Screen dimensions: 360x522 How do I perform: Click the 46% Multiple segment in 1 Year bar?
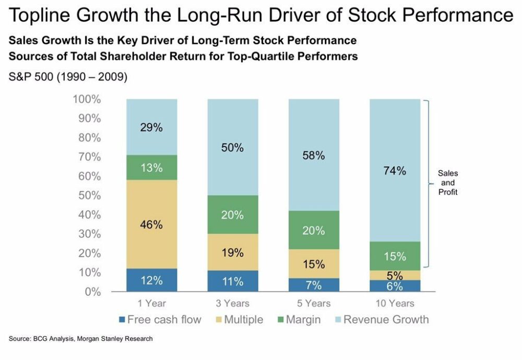pyautogui.click(x=151, y=225)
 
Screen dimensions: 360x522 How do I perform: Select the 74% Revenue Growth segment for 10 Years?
pyautogui.click(x=395, y=170)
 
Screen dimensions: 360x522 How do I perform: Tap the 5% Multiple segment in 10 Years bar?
pyautogui.click(x=395, y=275)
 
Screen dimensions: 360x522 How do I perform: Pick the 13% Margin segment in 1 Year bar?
pyautogui.click(x=151, y=168)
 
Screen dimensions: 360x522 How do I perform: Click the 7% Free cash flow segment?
pyautogui.click(x=314, y=284)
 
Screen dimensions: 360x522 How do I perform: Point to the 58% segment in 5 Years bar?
pyautogui.click(x=314, y=155)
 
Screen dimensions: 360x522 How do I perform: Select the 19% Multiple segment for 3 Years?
pyautogui.click(x=233, y=252)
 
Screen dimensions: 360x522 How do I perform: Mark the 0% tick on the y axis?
pyautogui.click(x=92, y=292)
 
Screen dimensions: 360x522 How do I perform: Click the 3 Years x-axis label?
pyautogui.click(x=233, y=304)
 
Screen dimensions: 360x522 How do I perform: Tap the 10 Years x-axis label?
pyautogui.click(x=395, y=304)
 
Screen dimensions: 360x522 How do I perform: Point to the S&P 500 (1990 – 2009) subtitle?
pyautogui.click(x=68, y=77)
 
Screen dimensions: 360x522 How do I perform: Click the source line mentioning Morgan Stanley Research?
pyautogui.click(x=81, y=339)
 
